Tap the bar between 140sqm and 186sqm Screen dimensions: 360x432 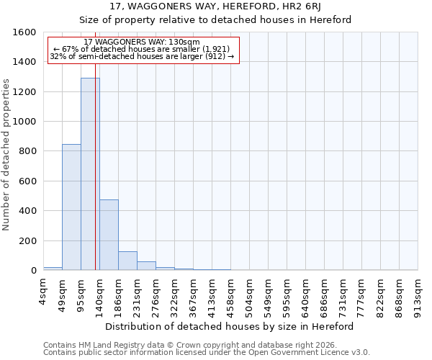click(x=109, y=235)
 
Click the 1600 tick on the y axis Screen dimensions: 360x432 click(x=25, y=32)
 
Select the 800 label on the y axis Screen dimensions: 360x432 click(x=28, y=151)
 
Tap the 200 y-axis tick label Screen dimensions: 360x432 click(x=28, y=240)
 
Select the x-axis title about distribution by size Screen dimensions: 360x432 click(x=235, y=326)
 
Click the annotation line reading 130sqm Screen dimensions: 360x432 click(x=142, y=42)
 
